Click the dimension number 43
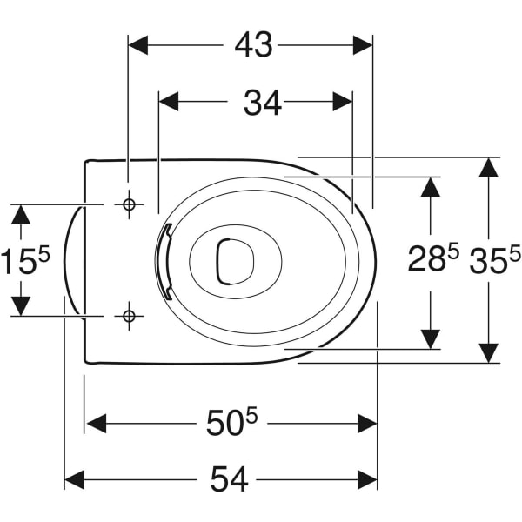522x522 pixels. pyautogui.click(x=254, y=45)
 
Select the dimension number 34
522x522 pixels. pyautogui.click(x=263, y=103)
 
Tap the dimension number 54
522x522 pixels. pyautogui.click(x=230, y=479)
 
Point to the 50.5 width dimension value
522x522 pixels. pyautogui.click(x=232, y=422)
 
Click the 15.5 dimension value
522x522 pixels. pyautogui.click(x=25, y=260)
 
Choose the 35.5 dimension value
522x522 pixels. pyautogui.click(x=495, y=258)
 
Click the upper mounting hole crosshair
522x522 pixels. pyautogui.click(x=129, y=204)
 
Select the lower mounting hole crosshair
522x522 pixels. pyautogui.click(x=129, y=316)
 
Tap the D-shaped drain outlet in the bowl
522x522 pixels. pyautogui.click(x=235, y=261)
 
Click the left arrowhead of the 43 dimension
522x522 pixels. pyautogui.click(x=137, y=45)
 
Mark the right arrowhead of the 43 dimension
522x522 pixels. pyautogui.click(x=363, y=45)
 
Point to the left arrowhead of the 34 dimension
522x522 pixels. pyautogui.click(x=169, y=102)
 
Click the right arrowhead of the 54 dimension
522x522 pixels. pyautogui.click(x=367, y=480)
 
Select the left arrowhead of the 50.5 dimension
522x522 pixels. pyautogui.click(x=97, y=424)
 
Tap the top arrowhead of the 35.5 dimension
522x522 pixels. pyautogui.click(x=488, y=168)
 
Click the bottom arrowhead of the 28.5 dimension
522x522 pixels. pyautogui.click(x=431, y=339)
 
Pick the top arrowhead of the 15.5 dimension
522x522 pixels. pyautogui.click(x=21, y=215)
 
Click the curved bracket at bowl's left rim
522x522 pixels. pyautogui.click(x=167, y=261)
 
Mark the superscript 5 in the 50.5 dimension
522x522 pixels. pyautogui.click(x=252, y=416)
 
